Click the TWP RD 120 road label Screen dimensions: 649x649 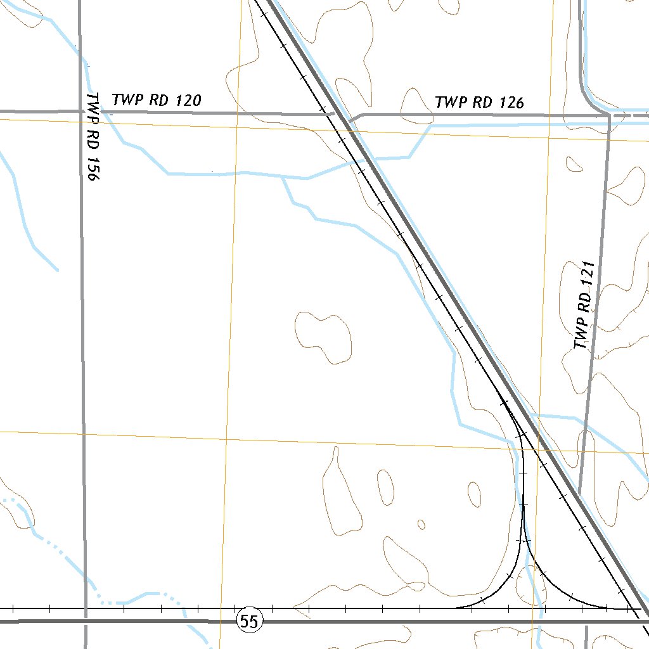tap(157, 100)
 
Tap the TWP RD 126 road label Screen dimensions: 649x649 tap(479, 102)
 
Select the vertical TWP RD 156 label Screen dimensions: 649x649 tap(93, 138)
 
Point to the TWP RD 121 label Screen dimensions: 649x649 tap(584, 305)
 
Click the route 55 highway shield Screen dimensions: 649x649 tap(250, 622)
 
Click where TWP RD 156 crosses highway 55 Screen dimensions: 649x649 tap(85, 622)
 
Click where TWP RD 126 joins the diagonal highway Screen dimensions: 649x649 tap(349, 120)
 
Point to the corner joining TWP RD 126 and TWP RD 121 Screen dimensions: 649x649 tap(608, 116)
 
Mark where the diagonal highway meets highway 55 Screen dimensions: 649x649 tap(645, 618)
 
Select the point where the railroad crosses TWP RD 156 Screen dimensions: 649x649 tap(85, 608)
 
